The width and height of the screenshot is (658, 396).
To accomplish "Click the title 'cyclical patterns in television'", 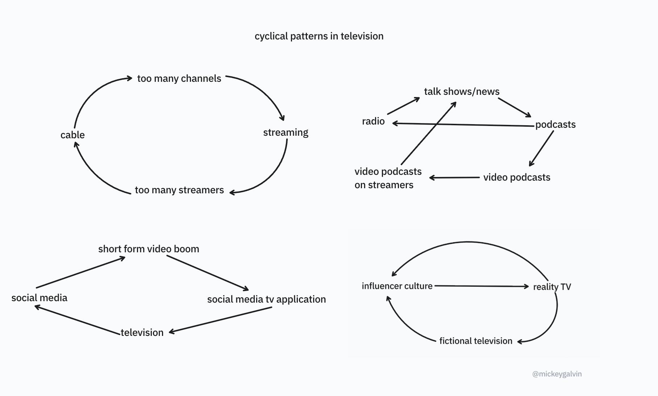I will pyautogui.click(x=319, y=36).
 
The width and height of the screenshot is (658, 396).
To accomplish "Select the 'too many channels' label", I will pyautogui.click(x=179, y=79).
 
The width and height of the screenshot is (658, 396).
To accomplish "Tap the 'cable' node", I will pyautogui.click(x=72, y=135).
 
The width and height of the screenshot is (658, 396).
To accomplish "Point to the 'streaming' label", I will pyautogui.click(x=286, y=132).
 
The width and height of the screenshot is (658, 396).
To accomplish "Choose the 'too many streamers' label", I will pyautogui.click(x=179, y=190).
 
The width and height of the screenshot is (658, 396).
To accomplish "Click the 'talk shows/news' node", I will pyautogui.click(x=462, y=92).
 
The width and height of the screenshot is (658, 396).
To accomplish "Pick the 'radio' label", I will pyautogui.click(x=373, y=121).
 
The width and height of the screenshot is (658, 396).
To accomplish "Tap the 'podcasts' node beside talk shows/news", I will pyautogui.click(x=555, y=125).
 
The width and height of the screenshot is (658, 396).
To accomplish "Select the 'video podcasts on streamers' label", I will pyautogui.click(x=388, y=178).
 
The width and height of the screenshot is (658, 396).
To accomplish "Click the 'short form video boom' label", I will pyautogui.click(x=149, y=249).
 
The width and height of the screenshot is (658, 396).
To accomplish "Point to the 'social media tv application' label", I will pyautogui.click(x=266, y=299).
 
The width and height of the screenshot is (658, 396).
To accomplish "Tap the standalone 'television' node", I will pyautogui.click(x=142, y=333).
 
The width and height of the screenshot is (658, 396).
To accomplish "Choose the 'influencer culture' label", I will pyautogui.click(x=397, y=286).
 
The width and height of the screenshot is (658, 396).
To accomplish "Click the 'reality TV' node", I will pyautogui.click(x=552, y=287).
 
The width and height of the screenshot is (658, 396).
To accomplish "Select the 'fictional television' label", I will pyautogui.click(x=476, y=341).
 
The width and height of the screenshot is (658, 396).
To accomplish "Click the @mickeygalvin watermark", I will pyautogui.click(x=557, y=374).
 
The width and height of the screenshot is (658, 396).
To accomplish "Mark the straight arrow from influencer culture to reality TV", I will pyautogui.click(x=482, y=286).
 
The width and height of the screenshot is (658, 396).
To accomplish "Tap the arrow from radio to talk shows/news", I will pyautogui.click(x=403, y=106).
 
